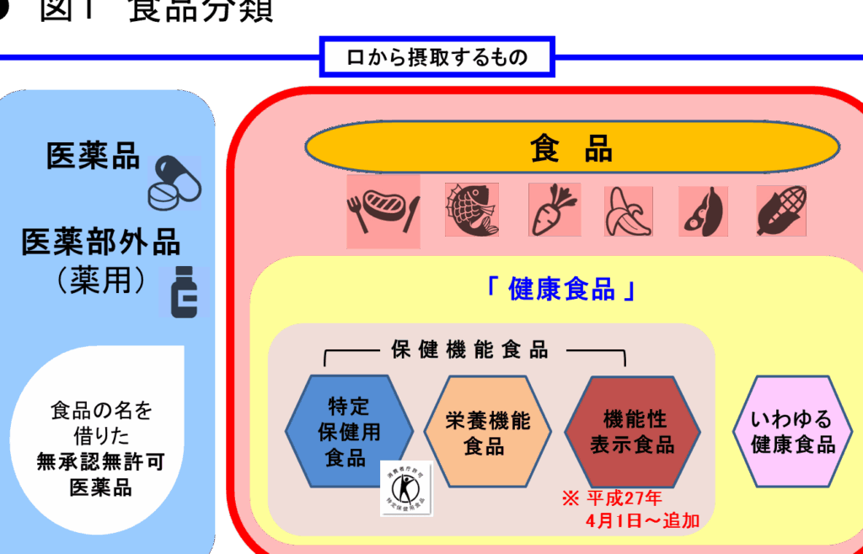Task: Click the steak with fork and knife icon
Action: [x=383, y=211]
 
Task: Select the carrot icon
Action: [x=554, y=210]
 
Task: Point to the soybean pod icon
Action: [x=704, y=210]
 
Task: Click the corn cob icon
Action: [x=780, y=210]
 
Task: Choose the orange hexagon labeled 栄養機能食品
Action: [x=488, y=432]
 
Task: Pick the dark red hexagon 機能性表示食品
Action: [x=632, y=432]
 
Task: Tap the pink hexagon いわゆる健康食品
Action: [x=792, y=432]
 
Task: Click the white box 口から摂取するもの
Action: [x=437, y=57]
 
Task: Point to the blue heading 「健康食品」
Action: [x=560, y=289]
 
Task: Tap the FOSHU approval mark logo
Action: [x=406, y=487]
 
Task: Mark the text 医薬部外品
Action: [x=101, y=242]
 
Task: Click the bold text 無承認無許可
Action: [x=100, y=461]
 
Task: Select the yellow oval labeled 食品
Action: [x=571, y=149]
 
